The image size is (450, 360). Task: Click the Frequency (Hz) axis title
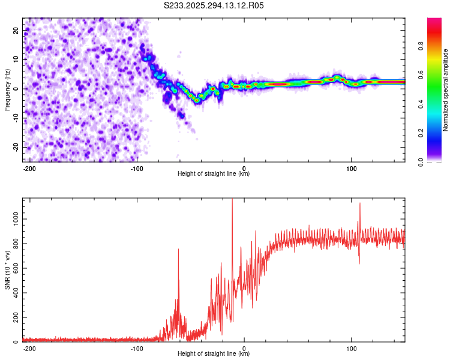8,89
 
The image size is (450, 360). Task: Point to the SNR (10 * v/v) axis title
8,269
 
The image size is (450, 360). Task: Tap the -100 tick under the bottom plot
137,348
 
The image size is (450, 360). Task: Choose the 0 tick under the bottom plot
244,348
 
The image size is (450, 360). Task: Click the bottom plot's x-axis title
214,354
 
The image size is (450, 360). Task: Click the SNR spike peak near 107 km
360,203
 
